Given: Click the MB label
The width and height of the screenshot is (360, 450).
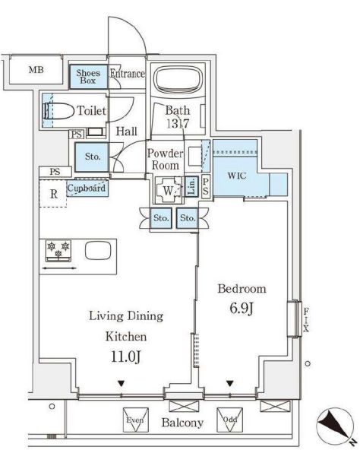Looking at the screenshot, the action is point(36,70).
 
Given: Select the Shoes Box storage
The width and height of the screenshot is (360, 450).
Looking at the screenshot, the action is point(88,77).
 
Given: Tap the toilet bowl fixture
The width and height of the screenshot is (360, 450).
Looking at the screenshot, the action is point(58,111).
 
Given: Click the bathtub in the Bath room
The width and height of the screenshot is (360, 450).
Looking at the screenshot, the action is point(178,79).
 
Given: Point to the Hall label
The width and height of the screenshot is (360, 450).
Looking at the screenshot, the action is point(127,132).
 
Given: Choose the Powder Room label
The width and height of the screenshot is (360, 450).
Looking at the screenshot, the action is point(166,160).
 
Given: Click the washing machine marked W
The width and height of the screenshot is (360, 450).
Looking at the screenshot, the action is point(169,190).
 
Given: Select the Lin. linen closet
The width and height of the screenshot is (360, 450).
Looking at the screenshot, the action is point(192,186).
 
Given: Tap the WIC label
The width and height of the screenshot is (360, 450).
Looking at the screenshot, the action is point(237,176).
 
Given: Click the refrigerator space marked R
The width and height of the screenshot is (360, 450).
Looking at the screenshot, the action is point(53,193).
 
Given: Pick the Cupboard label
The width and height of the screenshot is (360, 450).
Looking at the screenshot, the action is point(87,189).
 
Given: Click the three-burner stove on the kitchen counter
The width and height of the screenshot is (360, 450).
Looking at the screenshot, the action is point(58,251).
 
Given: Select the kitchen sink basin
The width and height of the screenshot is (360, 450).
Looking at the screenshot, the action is point(98,250).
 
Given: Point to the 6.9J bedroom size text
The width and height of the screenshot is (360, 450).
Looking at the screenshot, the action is point(242,309).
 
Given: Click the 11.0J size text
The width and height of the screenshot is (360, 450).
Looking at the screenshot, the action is point(126,357).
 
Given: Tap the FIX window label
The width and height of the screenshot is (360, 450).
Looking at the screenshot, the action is point(306,320).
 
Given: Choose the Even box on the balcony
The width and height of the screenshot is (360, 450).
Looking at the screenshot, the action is point(136,420).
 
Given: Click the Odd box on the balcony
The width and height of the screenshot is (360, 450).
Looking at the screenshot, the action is point(230,420).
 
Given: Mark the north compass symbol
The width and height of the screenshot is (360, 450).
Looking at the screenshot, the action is point(334,424).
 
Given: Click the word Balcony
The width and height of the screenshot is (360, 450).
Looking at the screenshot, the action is point(182,423).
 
